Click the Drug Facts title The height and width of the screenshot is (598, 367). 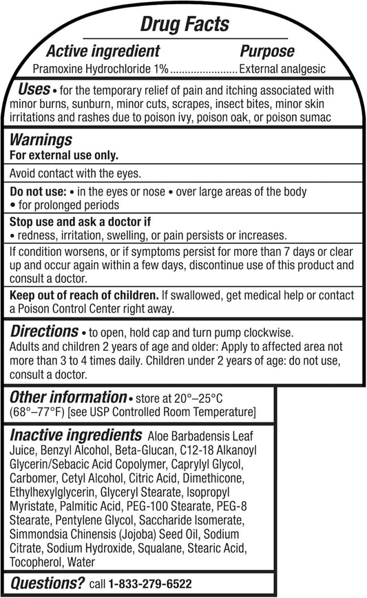(185, 25)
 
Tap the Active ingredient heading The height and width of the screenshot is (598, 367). (103, 51)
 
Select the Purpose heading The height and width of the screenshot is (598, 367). (266, 51)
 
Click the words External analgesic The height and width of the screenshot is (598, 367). (282, 69)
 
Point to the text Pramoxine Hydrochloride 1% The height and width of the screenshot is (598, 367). (101, 69)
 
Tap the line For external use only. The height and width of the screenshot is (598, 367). (63, 155)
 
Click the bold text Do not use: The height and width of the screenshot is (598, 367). (38, 191)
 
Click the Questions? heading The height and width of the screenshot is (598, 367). (46, 584)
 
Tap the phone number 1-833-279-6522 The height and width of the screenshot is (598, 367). (150, 584)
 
